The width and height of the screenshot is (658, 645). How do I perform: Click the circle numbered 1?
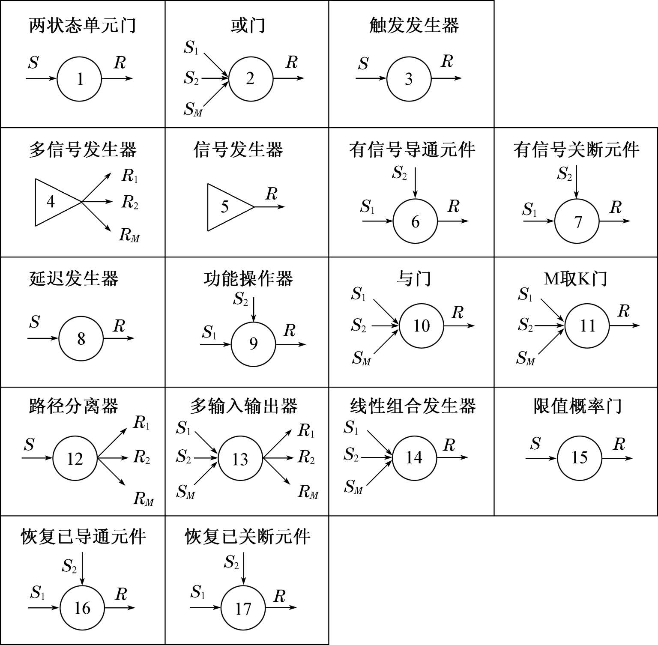pos(79,79)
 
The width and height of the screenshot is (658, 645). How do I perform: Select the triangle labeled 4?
pos(54,201)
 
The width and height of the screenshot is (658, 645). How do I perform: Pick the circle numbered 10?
pos(421,325)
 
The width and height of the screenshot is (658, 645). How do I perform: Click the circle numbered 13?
pos(240,459)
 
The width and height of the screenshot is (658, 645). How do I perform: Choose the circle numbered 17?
pos(243,608)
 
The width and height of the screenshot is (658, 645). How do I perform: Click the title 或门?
pos(248,26)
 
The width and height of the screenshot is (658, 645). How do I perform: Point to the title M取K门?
pos(575,279)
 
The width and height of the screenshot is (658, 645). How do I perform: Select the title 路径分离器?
pos(74,406)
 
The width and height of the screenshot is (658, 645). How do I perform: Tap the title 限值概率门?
pos(577,406)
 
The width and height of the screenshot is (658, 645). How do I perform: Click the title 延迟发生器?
pos(74,279)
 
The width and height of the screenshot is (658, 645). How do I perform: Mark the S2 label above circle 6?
pos(399,173)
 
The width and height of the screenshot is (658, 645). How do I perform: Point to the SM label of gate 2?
pos(193,110)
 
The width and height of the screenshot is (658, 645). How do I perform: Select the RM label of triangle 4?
pos(129,235)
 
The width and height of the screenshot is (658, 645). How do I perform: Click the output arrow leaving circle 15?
pos(616,458)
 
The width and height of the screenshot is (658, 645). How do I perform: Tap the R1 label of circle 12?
pos(141,423)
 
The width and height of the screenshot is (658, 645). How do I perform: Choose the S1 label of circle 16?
pos(38,593)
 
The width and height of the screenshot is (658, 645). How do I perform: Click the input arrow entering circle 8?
pos(42,338)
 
